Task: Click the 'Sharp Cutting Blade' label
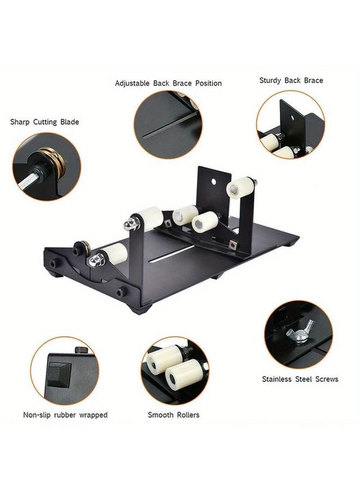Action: tap(45, 122)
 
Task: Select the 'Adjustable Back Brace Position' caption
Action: tap(168, 83)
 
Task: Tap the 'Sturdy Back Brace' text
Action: tap(291, 80)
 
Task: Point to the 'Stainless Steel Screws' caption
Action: tap(299, 379)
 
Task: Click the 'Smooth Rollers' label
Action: tap(173, 415)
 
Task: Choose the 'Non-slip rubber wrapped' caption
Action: tap(65, 415)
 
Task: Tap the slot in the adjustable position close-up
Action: tap(164, 134)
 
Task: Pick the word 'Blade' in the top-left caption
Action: tap(69, 122)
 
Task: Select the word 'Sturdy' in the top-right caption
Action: tap(271, 80)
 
